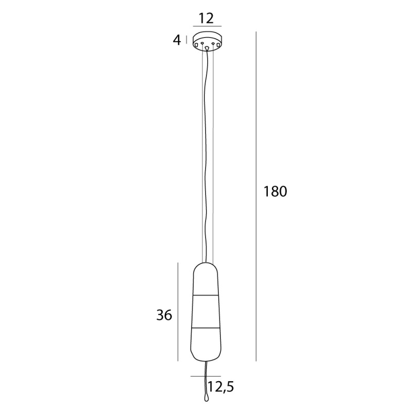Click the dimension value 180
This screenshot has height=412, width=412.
pyautogui.click(x=274, y=192)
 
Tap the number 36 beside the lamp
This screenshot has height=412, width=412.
pyautogui.click(x=164, y=315)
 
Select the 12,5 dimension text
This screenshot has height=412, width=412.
pyautogui.click(x=217, y=386)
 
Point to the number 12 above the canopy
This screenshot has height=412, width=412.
pyautogui.click(x=206, y=19)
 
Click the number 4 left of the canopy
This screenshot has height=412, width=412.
pyautogui.click(x=177, y=40)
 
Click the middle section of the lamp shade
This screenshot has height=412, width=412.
pyautogui.click(x=206, y=312)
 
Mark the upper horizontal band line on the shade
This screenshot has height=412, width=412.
pyautogui.click(x=206, y=296)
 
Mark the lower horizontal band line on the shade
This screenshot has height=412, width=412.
pyautogui.click(x=206, y=327)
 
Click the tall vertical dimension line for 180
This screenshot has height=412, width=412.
pyautogui.click(x=256, y=196)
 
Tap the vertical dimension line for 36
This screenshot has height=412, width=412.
pyautogui.click(x=178, y=312)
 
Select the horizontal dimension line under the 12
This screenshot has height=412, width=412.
pyautogui.click(x=207, y=26)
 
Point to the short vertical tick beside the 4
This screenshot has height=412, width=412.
pyautogui.click(x=186, y=40)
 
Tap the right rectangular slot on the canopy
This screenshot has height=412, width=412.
pyautogui.click(x=218, y=46)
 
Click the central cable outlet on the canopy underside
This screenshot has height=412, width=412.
pyautogui.click(x=207, y=48)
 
